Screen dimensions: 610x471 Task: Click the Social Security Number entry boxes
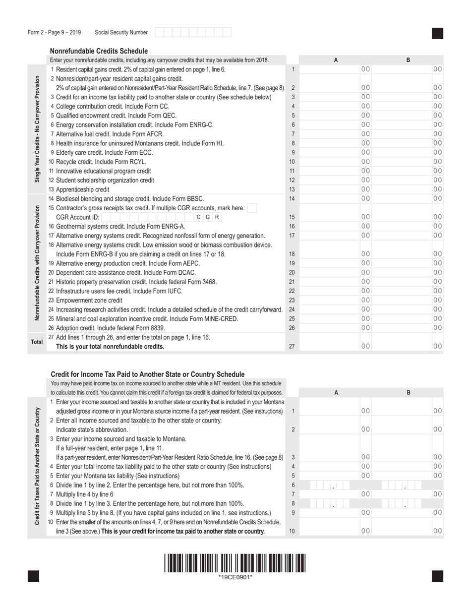193,33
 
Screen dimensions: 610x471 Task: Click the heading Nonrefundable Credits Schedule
99,51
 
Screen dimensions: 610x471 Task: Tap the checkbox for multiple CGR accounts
252,208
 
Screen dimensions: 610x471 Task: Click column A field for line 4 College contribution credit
336,106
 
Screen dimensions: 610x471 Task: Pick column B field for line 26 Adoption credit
408,328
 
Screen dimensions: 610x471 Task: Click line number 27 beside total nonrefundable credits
292,347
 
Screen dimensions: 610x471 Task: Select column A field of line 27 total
336,347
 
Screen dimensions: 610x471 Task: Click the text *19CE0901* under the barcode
235,577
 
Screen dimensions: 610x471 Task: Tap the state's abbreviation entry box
136,429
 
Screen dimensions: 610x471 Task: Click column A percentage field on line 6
336,485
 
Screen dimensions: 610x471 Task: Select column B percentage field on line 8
408,503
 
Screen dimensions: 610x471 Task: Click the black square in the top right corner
437,33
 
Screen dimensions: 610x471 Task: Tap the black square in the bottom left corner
34,576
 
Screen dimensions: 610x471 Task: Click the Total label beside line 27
37,342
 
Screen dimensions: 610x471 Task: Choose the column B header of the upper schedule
408,60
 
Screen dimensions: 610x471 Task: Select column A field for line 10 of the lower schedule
336,531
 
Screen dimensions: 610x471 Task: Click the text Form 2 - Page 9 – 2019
55,33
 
